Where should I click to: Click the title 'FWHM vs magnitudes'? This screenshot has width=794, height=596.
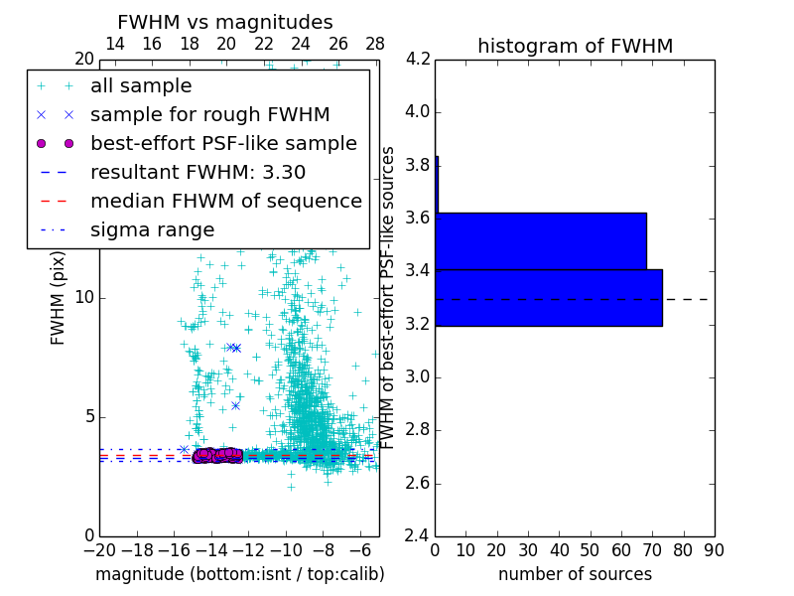[x=225, y=22]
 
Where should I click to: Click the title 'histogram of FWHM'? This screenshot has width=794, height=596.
[x=575, y=46]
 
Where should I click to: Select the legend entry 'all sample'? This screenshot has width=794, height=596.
[x=141, y=86]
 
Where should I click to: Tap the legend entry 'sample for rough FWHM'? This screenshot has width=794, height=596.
[x=209, y=114]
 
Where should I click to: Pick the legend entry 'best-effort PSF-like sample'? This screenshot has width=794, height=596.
[x=223, y=143]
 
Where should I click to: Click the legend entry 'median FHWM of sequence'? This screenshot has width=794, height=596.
[x=225, y=201]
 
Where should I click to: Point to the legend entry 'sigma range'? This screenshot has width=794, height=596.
[x=152, y=229]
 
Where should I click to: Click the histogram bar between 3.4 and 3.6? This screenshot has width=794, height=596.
[x=541, y=240]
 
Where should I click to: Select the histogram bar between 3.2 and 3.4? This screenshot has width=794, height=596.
[x=549, y=297]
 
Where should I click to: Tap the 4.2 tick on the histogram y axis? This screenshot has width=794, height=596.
[x=418, y=59]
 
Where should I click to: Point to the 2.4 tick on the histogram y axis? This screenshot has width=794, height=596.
[x=418, y=536]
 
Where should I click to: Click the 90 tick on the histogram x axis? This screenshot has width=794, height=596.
[x=714, y=550]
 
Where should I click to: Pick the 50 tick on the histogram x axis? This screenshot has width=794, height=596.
[x=590, y=550]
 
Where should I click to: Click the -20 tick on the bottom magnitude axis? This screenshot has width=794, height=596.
[x=99, y=550]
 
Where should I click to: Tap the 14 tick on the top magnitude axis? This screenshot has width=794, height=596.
[x=114, y=44]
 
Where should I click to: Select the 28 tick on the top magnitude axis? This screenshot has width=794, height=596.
[x=375, y=44]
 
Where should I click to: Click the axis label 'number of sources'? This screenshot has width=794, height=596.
[x=575, y=574]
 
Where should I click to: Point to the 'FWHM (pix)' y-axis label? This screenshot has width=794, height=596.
[x=59, y=297]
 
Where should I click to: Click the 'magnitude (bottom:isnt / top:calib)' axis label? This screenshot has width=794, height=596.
[x=239, y=574]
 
